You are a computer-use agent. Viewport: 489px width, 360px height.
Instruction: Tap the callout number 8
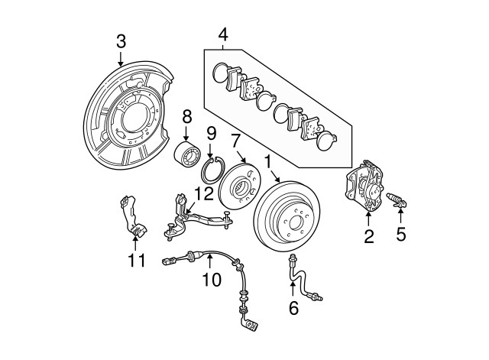[x=187, y=116]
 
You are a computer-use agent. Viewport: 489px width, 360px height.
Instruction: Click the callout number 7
[x=236, y=141]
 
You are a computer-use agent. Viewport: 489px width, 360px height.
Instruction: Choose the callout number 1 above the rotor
[x=267, y=162]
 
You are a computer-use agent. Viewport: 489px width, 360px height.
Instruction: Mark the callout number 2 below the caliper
[x=368, y=238]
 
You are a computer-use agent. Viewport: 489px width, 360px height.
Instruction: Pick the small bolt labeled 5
[x=400, y=202]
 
